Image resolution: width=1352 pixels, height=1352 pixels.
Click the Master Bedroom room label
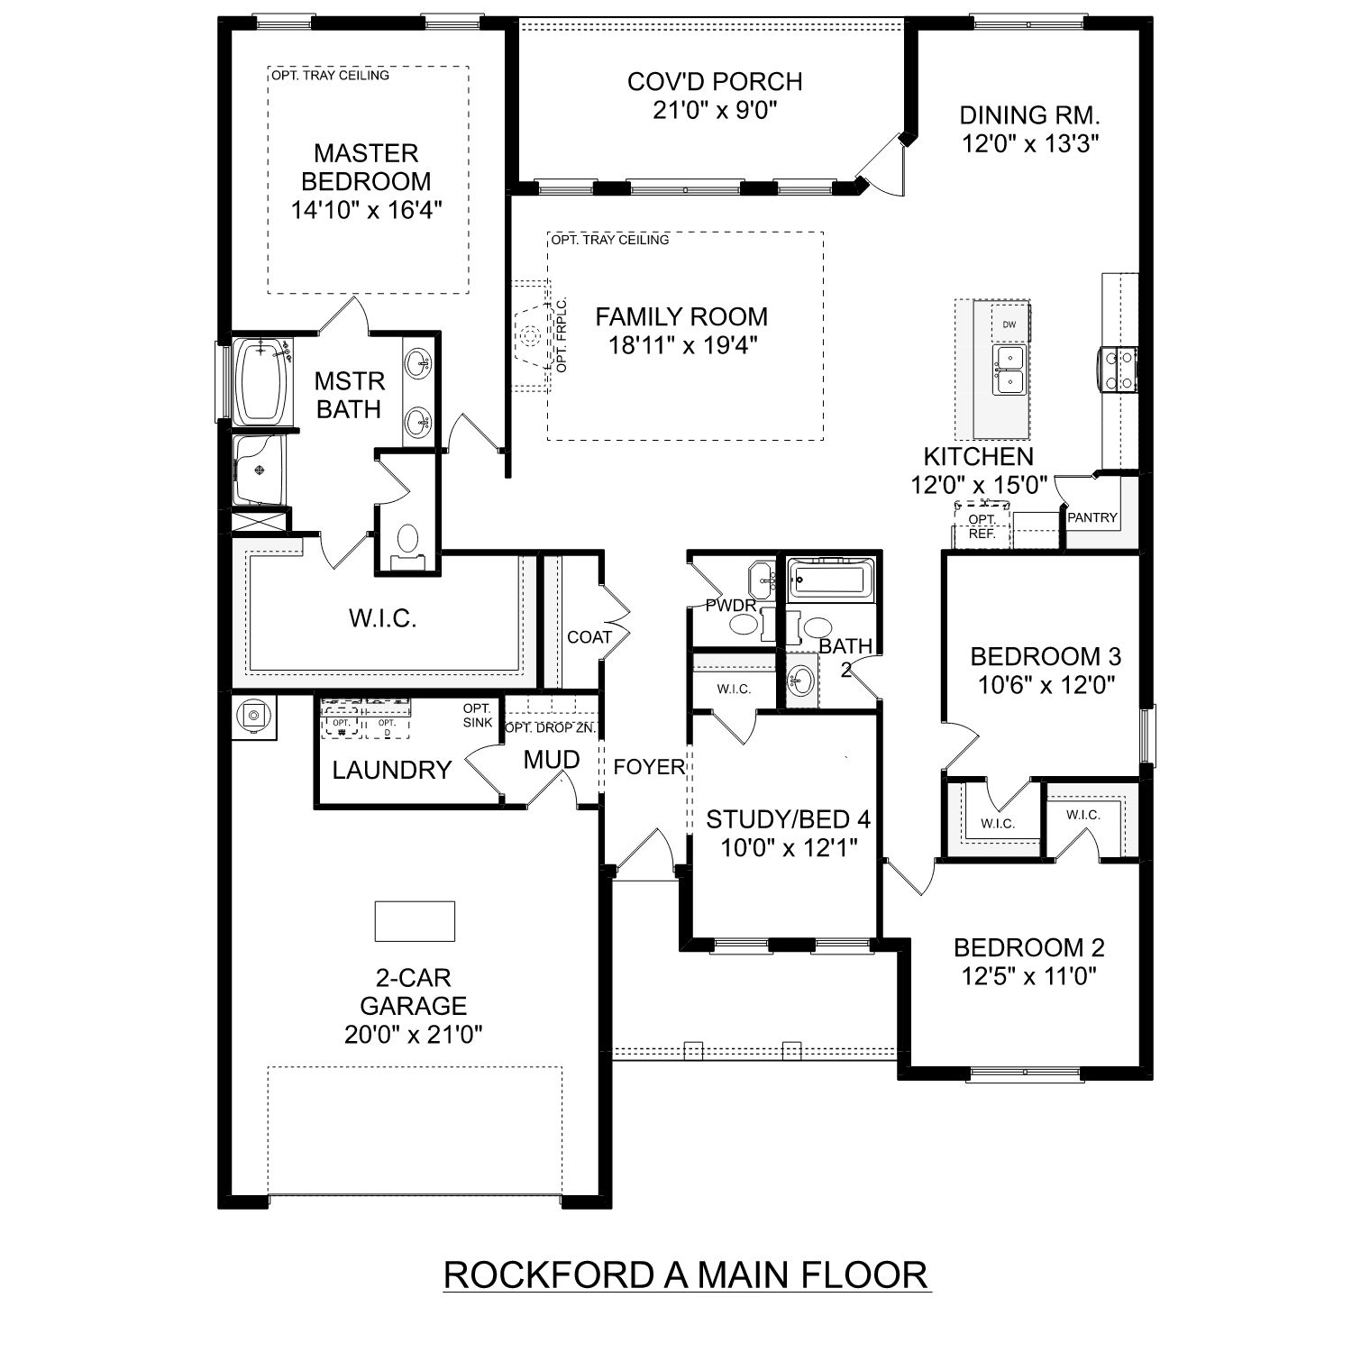tap(366, 167)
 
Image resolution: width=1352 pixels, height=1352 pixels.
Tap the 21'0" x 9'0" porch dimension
tap(715, 110)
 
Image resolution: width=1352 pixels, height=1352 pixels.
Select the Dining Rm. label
tap(1029, 115)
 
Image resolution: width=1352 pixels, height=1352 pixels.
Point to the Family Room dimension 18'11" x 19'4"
tap(681, 344)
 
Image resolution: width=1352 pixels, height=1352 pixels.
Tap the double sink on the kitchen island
tap(1009, 370)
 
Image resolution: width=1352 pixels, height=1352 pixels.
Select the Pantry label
tap(1092, 517)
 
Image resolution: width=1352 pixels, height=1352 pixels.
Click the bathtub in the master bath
tap(261, 381)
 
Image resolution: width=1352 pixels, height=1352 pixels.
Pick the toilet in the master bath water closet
tap(407, 541)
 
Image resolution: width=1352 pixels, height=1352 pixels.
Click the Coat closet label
tap(589, 637)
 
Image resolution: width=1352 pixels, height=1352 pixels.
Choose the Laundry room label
tap(391, 770)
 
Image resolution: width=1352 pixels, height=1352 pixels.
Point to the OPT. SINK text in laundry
tap(477, 716)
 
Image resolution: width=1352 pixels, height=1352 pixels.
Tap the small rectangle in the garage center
tap(415, 920)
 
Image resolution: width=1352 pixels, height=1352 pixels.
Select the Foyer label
tap(649, 767)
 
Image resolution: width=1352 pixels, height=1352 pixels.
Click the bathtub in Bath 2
tap(830, 579)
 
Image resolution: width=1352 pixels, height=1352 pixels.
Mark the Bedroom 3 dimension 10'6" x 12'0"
tap(1046, 685)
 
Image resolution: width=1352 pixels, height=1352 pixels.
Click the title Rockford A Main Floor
tap(686, 1274)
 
